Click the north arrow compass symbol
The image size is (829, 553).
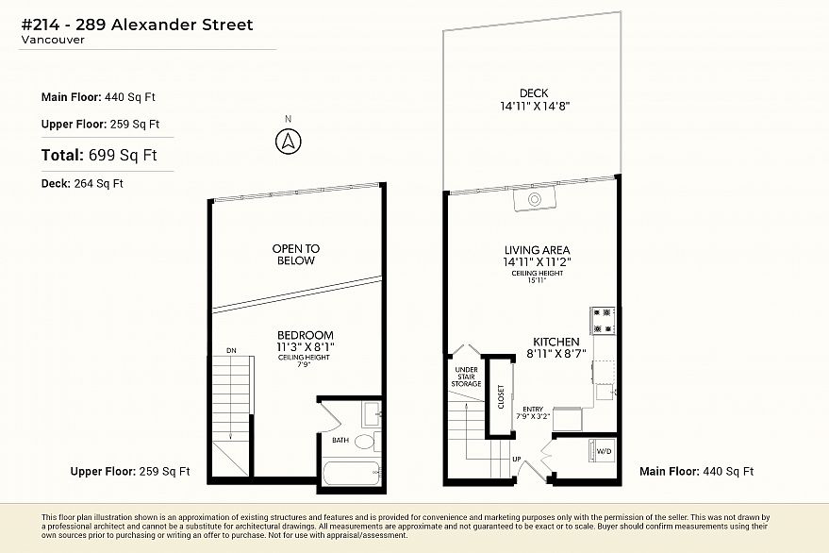tap(289, 142)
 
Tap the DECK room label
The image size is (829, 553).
tap(534, 93)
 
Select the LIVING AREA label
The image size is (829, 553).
tap(538, 250)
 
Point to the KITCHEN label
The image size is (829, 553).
tap(556, 342)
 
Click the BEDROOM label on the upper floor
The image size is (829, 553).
tap(306, 335)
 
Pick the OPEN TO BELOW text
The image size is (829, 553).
tap(296, 255)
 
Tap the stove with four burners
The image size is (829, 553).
tap(603, 321)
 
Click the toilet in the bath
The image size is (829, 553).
tap(366, 442)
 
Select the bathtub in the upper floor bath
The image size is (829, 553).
tap(351, 473)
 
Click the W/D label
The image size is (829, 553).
tap(604, 451)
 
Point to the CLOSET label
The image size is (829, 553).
tap(501, 397)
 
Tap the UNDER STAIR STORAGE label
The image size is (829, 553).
tap(466, 377)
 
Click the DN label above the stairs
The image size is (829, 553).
tap(231, 350)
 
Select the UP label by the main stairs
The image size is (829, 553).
tap(517, 459)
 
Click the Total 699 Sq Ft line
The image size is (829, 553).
tap(99, 155)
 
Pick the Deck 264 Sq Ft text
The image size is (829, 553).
tap(82, 184)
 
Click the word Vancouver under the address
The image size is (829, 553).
tap(53, 40)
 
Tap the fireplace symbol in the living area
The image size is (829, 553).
tap(535, 199)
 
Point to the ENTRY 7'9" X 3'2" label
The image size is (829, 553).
tap(533, 412)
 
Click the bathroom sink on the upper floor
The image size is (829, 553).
tap(373, 414)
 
